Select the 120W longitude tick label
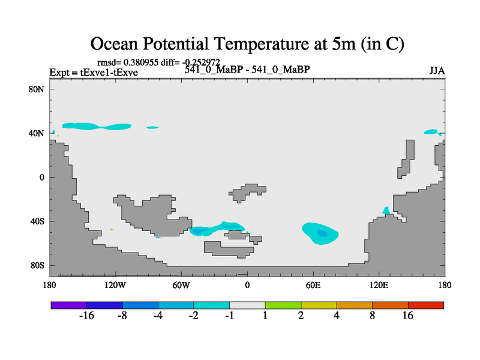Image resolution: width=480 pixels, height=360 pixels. click(x=115, y=284)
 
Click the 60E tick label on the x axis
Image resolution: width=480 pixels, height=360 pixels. click(x=313, y=284)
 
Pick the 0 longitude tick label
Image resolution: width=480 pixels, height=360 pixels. click(x=247, y=284)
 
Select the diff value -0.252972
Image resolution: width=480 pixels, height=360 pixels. click(x=202, y=62)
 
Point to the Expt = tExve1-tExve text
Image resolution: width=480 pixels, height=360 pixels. click(x=94, y=73)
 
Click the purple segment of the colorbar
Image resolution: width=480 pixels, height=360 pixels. click(x=69, y=305)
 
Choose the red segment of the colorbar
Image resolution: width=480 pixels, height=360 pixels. click(x=426, y=305)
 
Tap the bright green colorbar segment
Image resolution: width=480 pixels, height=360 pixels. click(x=283, y=305)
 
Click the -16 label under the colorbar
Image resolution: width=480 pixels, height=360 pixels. click(x=87, y=316)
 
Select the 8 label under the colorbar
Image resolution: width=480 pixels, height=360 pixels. click(x=373, y=316)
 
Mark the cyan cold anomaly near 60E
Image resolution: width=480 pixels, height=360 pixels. click(x=321, y=233)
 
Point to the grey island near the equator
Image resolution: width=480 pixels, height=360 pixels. click(x=247, y=191)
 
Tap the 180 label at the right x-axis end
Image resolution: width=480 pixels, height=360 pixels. click(x=445, y=284)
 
